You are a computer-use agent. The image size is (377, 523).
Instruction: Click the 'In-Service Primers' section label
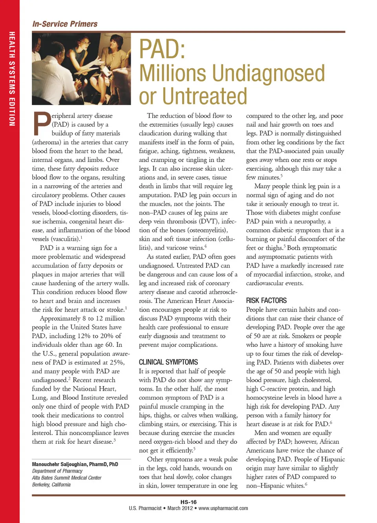[x=65, y=24]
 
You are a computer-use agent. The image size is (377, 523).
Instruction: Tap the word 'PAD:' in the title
[x=162, y=49]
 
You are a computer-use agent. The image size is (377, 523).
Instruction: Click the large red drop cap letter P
[x=41, y=124]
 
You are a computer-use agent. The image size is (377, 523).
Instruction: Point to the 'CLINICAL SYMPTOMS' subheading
[x=168, y=362]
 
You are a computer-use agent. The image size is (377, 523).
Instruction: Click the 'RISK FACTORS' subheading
[x=266, y=301]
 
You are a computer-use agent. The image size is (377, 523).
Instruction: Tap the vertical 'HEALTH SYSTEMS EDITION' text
[x=12, y=78]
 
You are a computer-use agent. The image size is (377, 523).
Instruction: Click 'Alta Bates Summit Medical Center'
[x=67, y=478]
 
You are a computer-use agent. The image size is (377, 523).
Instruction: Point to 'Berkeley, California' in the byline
[x=51, y=485]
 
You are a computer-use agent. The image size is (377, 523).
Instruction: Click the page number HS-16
[x=188, y=502]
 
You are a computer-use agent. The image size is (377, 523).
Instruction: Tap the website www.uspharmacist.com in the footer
[x=223, y=508]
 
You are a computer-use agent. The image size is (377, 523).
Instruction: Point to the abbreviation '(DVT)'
[x=209, y=221]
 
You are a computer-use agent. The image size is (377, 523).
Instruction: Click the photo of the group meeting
[x=81, y=69]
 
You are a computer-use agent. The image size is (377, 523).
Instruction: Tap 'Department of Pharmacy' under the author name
[x=57, y=471]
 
